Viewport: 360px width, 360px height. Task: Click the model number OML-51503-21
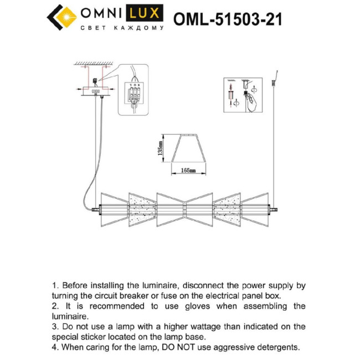tap(228, 19)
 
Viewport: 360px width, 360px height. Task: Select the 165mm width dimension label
tap(188, 172)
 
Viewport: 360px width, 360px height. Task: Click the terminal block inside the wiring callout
tap(134, 91)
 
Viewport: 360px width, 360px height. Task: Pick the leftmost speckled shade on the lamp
tap(140, 209)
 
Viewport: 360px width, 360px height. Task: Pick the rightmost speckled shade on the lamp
tap(228, 209)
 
